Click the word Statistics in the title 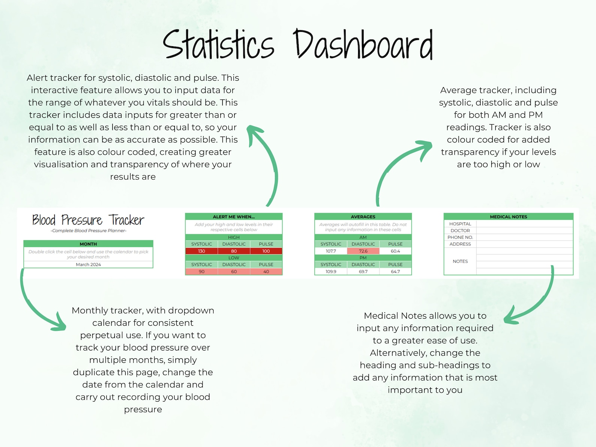(x=218, y=45)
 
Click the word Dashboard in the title (x=363, y=45)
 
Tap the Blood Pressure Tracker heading (x=88, y=220)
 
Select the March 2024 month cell (x=88, y=265)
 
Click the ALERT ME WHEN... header (x=233, y=217)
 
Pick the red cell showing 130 (x=202, y=251)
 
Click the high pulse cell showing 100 (x=266, y=251)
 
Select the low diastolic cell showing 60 (x=234, y=271)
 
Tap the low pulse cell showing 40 (x=266, y=271)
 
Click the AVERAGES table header (x=363, y=217)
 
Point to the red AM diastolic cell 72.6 (x=363, y=251)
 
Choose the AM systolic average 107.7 (x=331, y=251)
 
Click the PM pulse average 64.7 (x=395, y=271)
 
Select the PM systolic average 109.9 (x=331, y=271)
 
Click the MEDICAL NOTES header (x=508, y=217)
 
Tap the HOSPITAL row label (x=460, y=224)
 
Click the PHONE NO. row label (x=460, y=237)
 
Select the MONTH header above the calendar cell (x=88, y=244)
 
